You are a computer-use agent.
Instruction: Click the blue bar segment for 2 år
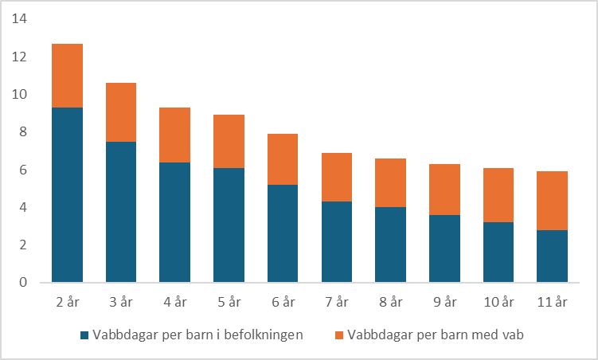tap(67, 195)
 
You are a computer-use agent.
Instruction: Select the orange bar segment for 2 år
tap(67, 76)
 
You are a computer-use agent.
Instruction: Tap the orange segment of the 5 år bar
tap(229, 142)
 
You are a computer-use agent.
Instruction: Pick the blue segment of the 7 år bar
tap(337, 242)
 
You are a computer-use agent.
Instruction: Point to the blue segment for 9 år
tap(445, 248)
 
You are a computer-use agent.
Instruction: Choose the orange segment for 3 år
tap(121, 112)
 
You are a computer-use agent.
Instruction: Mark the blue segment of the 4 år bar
tap(175, 222)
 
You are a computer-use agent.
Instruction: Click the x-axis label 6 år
tap(283, 302)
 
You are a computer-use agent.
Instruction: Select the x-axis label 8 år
tap(391, 302)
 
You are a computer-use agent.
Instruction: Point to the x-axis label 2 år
tap(67, 302)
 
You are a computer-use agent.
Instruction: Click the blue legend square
tap(84, 335)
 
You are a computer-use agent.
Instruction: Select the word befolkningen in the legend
tap(264, 335)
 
